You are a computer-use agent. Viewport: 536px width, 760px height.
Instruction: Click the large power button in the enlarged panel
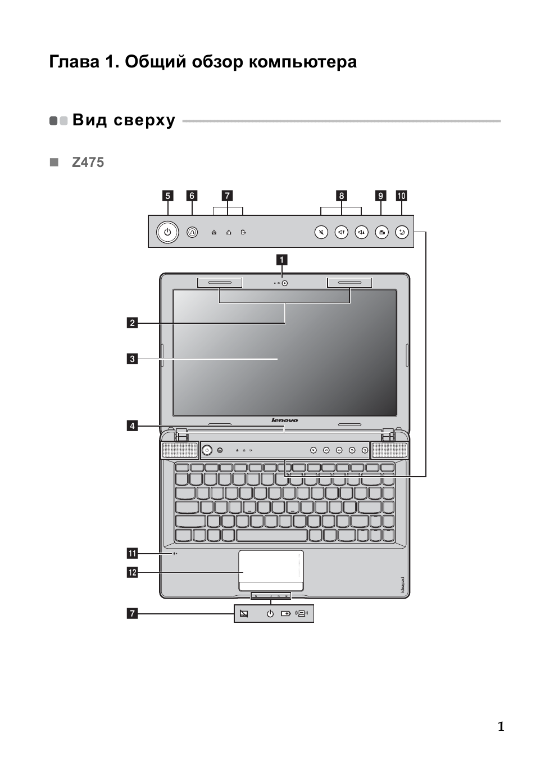click(x=167, y=232)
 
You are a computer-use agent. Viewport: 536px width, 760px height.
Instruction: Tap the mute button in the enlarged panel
click(x=321, y=232)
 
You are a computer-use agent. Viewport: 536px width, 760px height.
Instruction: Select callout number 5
click(x=167, y=196)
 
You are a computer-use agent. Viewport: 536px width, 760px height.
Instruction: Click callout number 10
click(x=401, y=196)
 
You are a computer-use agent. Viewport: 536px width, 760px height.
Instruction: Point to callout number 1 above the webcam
click(x=281, y=260)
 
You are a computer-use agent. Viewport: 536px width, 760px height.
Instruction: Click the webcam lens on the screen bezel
click(x=285, y=283)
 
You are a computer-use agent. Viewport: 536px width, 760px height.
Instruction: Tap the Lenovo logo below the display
click(x=285, y=420)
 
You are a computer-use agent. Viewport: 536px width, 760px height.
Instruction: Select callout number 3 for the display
click(x=133, y=359)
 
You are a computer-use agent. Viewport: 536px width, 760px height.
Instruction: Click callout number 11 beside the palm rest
click(x=133, y=554)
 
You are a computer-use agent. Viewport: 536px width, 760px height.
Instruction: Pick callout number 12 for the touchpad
click(x=133, y=573)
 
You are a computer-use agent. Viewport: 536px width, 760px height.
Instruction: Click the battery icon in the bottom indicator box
click(x=286, y=613)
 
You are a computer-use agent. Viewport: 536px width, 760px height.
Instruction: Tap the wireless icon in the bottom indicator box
click(x=302, y=613)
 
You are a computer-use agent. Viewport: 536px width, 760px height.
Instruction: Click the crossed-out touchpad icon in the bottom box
click(x=244, y=613)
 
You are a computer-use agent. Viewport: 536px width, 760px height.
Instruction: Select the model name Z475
click(x=88, y=162)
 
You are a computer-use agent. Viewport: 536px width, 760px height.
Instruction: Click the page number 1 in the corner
click(x=501, y=726)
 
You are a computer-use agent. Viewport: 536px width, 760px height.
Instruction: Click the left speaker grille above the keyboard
click(x=180, y=450)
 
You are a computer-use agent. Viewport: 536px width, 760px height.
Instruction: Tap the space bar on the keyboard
click(x=272, y=535)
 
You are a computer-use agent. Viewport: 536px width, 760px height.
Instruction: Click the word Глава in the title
click(x=75, y=62)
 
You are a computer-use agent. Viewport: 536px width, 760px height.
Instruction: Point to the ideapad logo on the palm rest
click(x=402, y=585)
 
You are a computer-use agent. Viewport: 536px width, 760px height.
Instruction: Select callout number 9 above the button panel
click(x=381, y=196)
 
